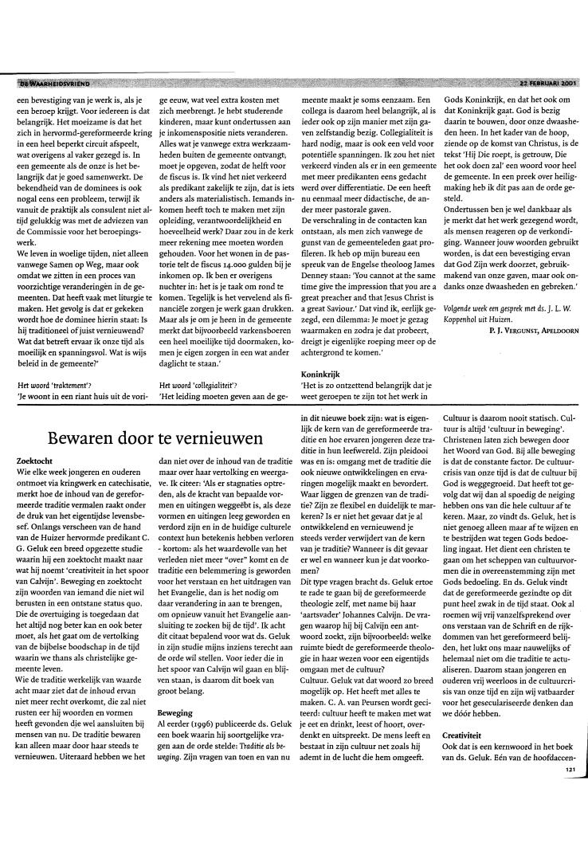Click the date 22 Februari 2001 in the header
coord(546,83)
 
